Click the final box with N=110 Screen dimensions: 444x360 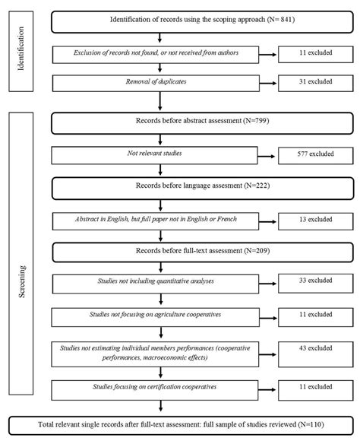(180, 425)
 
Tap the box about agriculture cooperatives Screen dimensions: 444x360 (156, 315)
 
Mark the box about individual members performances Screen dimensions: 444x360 (156, 353)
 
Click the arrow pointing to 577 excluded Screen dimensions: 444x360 (265, 157)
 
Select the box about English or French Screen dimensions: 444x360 (156, 221)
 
